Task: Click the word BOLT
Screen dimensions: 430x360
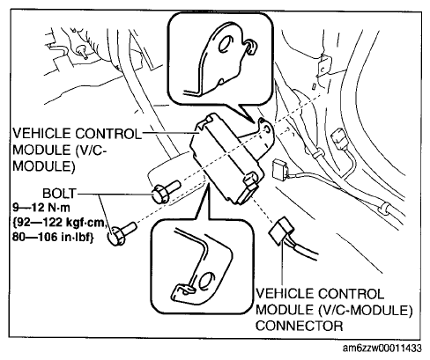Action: coord(59,194)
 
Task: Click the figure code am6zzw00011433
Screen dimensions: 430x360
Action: coord(382,349)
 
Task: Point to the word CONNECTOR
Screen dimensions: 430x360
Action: coord(299,326)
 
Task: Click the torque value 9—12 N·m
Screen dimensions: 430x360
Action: coord(41,208)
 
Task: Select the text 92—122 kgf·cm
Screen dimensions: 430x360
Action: coord(59,223)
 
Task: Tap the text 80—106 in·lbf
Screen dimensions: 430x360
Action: coord(53,237)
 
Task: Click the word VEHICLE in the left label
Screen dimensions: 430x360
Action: coord(41,134)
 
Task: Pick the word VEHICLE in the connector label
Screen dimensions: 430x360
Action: coord(285,294)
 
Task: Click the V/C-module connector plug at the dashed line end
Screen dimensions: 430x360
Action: coord(281,231)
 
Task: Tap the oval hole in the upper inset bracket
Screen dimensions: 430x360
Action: coord(226,44)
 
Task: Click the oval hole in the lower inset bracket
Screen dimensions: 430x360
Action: coord(206,281)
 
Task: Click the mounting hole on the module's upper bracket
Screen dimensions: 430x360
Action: coord(267,129)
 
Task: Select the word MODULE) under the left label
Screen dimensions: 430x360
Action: coord(44,166)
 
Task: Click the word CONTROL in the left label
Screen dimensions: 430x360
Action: coord(108,134)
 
